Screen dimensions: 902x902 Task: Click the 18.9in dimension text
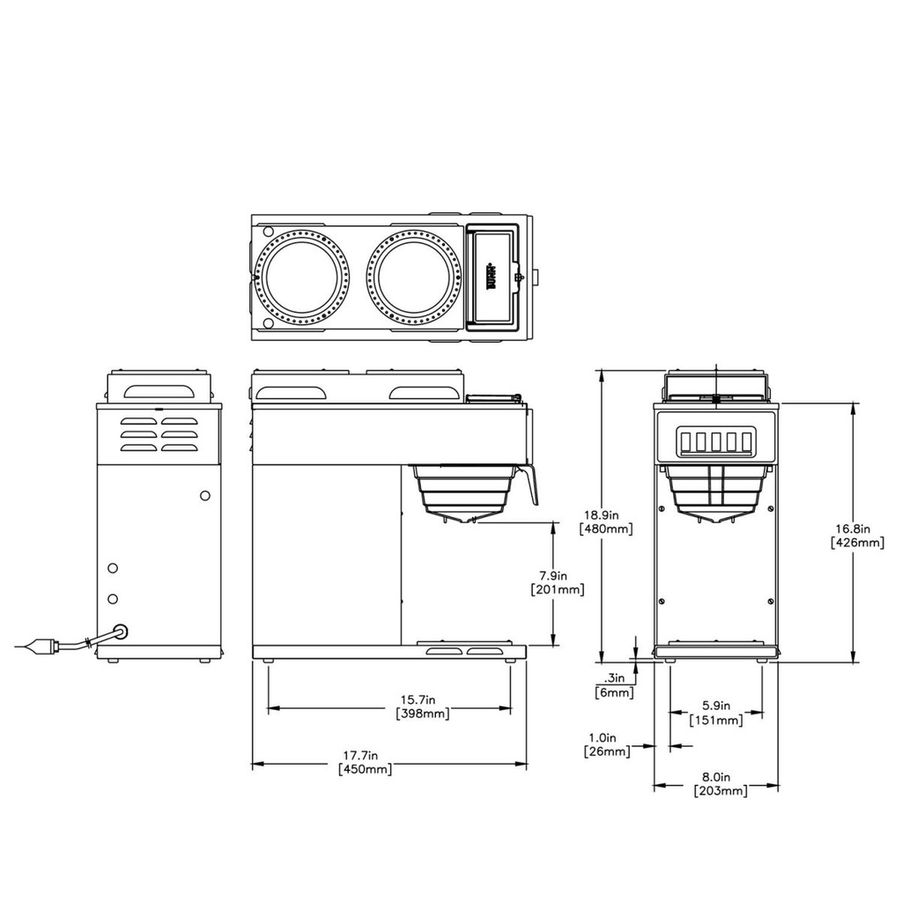pos(606,515)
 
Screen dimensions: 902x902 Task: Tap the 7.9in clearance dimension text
pos(558,575)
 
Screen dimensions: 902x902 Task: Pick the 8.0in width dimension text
pos(715,778)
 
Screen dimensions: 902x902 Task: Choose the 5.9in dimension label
pos(715,706)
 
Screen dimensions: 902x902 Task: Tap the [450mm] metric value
pos(366,770)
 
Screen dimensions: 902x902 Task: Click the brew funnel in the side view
pos(464,492)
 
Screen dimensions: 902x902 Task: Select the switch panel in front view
pos(715,441)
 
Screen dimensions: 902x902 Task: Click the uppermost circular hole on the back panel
pos(205,496)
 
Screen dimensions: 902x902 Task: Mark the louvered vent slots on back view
pos(159,434)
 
